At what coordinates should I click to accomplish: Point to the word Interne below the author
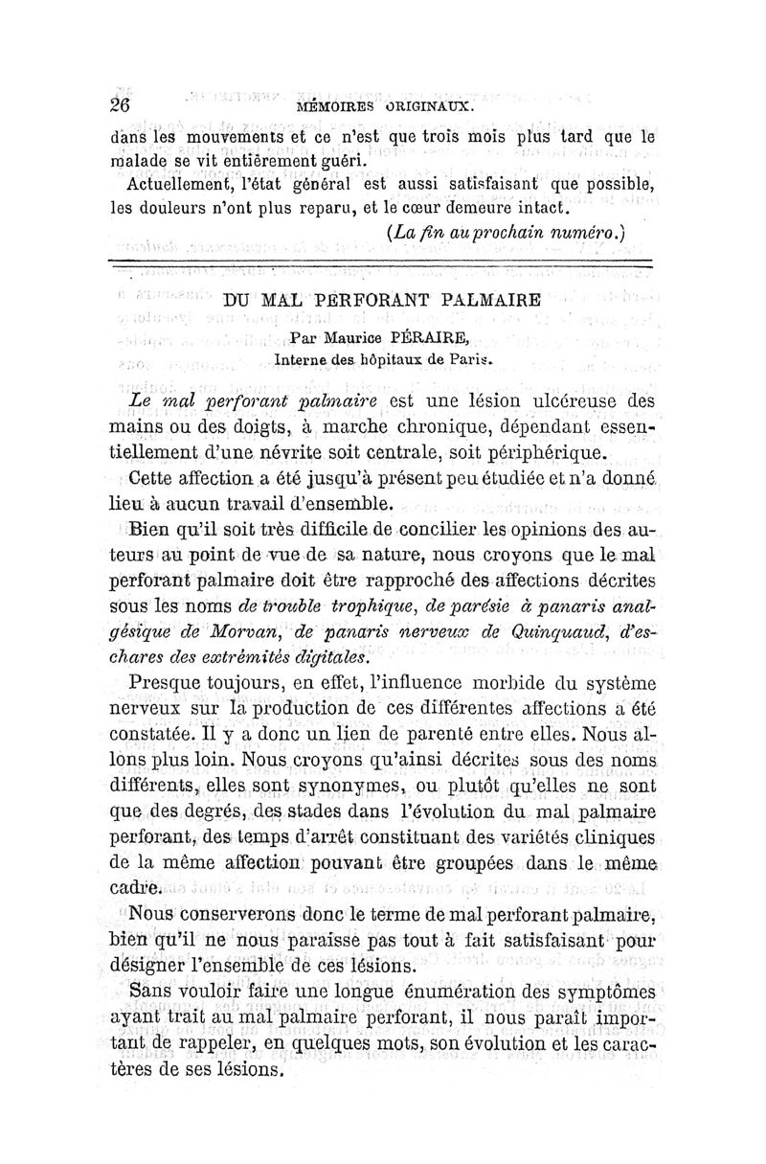click(x=302, y=360)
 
